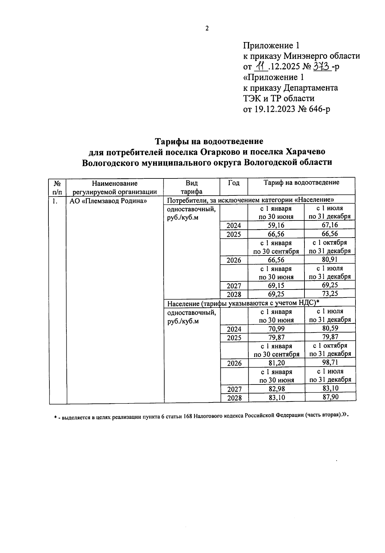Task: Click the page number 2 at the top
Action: coord(207,29)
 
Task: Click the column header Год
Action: coord(234,183)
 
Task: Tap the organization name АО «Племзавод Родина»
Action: coord(108,201)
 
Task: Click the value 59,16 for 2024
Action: coord(276,225)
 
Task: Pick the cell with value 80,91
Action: coord(330,260)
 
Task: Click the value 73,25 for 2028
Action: coord(330,294)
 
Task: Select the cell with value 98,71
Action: coord(330,363)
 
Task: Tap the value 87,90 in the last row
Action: coord(330,397)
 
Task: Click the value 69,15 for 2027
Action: coord(276,285)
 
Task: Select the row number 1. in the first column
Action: coord(55,201)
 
